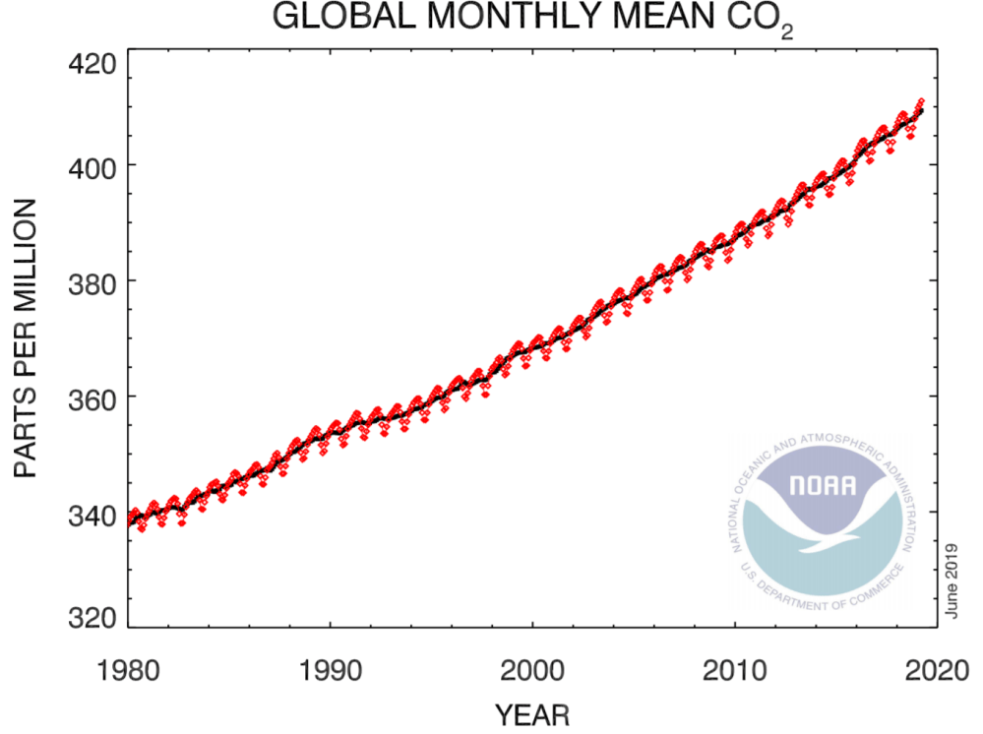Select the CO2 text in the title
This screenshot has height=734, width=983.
pyautogui.click(x=758, y=20)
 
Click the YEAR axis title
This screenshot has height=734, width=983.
pyautogui.click(x=532, y=712)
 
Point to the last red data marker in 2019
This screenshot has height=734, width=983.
pyautogui.click(x=921, y=100)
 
